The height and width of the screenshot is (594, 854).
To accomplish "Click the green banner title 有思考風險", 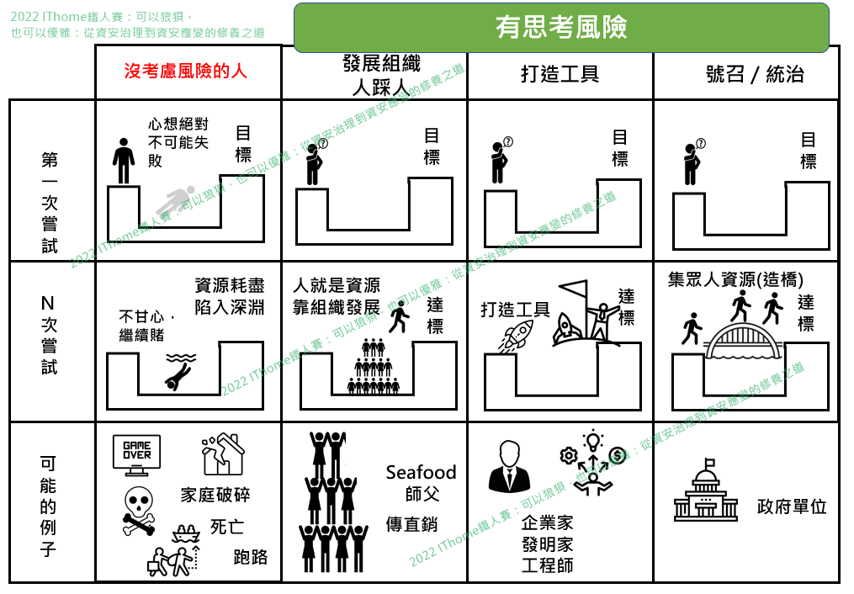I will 561,28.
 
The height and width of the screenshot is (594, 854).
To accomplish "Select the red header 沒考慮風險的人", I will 186,72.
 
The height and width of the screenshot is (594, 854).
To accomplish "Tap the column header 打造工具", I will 560,74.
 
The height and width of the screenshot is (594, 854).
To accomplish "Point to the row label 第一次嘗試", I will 50,202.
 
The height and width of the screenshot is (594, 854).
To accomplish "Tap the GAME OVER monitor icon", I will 136,453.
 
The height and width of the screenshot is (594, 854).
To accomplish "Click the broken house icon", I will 222,455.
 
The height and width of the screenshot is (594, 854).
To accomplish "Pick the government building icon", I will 705,491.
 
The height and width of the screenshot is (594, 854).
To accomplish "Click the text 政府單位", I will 792,506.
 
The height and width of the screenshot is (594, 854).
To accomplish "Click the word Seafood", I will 421,472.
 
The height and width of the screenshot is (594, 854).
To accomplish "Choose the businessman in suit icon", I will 509,466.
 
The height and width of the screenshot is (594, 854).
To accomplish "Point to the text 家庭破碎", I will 215,494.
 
